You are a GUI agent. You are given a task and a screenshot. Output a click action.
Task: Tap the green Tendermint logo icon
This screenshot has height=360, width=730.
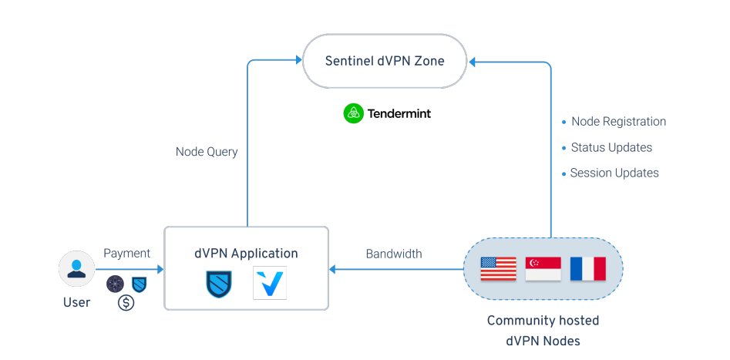353,113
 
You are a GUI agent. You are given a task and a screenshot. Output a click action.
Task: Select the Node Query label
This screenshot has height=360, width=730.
207,152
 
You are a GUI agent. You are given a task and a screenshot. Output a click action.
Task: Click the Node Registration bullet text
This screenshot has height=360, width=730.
618,122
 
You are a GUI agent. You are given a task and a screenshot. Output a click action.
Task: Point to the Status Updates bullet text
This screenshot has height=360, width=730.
611,147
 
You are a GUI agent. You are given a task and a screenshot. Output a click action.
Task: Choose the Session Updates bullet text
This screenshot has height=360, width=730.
614,173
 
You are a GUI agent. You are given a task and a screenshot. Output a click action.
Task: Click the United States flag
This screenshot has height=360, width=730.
498,269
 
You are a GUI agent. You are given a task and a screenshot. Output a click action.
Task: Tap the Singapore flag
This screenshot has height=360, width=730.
543,269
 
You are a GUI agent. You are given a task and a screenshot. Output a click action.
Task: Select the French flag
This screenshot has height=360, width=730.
587,269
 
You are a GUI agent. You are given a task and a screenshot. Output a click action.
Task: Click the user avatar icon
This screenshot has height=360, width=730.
76,269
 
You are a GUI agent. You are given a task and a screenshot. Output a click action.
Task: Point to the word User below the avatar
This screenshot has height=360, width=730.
76,302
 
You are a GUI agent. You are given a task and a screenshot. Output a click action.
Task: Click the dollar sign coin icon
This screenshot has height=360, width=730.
126,303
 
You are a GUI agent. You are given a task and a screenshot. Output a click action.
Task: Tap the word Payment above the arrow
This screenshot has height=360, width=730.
126,253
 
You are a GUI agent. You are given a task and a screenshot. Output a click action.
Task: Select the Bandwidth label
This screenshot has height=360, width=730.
393,254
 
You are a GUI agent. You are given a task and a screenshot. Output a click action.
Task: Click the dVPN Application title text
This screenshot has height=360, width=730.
247,253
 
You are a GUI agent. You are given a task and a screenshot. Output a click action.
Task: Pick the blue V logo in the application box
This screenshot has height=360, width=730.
269,283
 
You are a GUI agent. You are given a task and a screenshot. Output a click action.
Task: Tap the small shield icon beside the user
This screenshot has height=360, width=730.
139,283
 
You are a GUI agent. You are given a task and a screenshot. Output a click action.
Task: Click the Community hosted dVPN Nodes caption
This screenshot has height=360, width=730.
543,329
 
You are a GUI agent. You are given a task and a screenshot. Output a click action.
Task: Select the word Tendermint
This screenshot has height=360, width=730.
399,113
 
